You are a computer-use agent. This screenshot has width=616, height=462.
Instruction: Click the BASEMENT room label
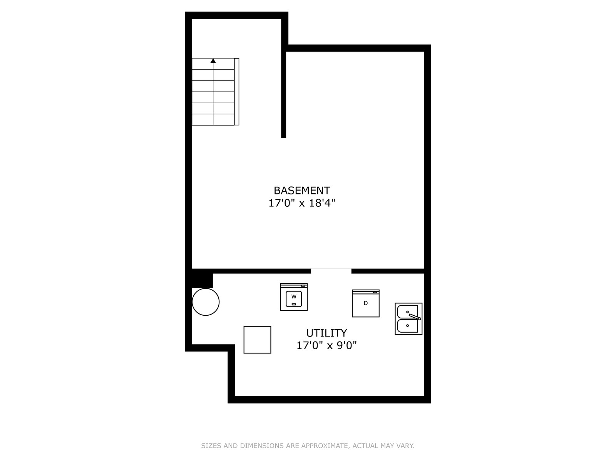[x=302, y=191]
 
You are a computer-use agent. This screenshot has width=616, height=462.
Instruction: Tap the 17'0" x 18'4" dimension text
[x=302, y=203]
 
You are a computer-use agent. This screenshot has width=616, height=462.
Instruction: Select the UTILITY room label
[x=326, y=333]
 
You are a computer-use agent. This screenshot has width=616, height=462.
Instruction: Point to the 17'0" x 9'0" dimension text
[x=326, y=345]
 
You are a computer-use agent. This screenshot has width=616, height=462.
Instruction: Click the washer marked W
[x=293, y=296]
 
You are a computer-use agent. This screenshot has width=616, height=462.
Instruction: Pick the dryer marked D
[x=365, y=303]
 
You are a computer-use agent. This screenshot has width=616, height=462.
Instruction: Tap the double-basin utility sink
[x=408, y=319]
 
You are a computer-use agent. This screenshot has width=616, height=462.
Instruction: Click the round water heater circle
[x=206, y=302]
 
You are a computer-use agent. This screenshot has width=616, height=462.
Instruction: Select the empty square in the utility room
[x=257, y=340]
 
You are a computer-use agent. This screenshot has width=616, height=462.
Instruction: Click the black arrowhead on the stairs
[x=213, y=60]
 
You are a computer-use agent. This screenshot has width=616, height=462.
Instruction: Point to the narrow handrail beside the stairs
[x=236, y=92]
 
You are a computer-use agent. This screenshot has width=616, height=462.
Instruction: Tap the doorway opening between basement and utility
[x=331, y=271]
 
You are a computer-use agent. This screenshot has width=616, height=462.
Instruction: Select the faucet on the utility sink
[x=415, y=316]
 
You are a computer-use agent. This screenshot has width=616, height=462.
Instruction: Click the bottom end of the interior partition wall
[x=283, y=137]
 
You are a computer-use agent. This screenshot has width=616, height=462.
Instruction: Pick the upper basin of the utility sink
[x=407, y=312]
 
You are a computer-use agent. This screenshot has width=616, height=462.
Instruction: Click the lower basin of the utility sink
[x=407, y=326]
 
